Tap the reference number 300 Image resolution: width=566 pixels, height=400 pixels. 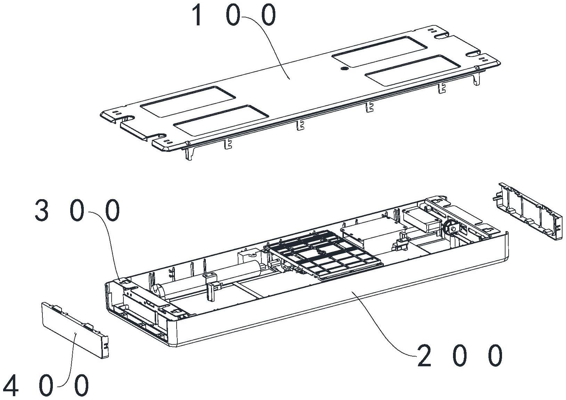click(77, 211)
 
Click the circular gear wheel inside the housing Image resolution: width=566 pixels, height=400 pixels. click(451, 228)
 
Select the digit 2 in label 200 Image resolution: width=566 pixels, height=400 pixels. click(424, 356)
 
